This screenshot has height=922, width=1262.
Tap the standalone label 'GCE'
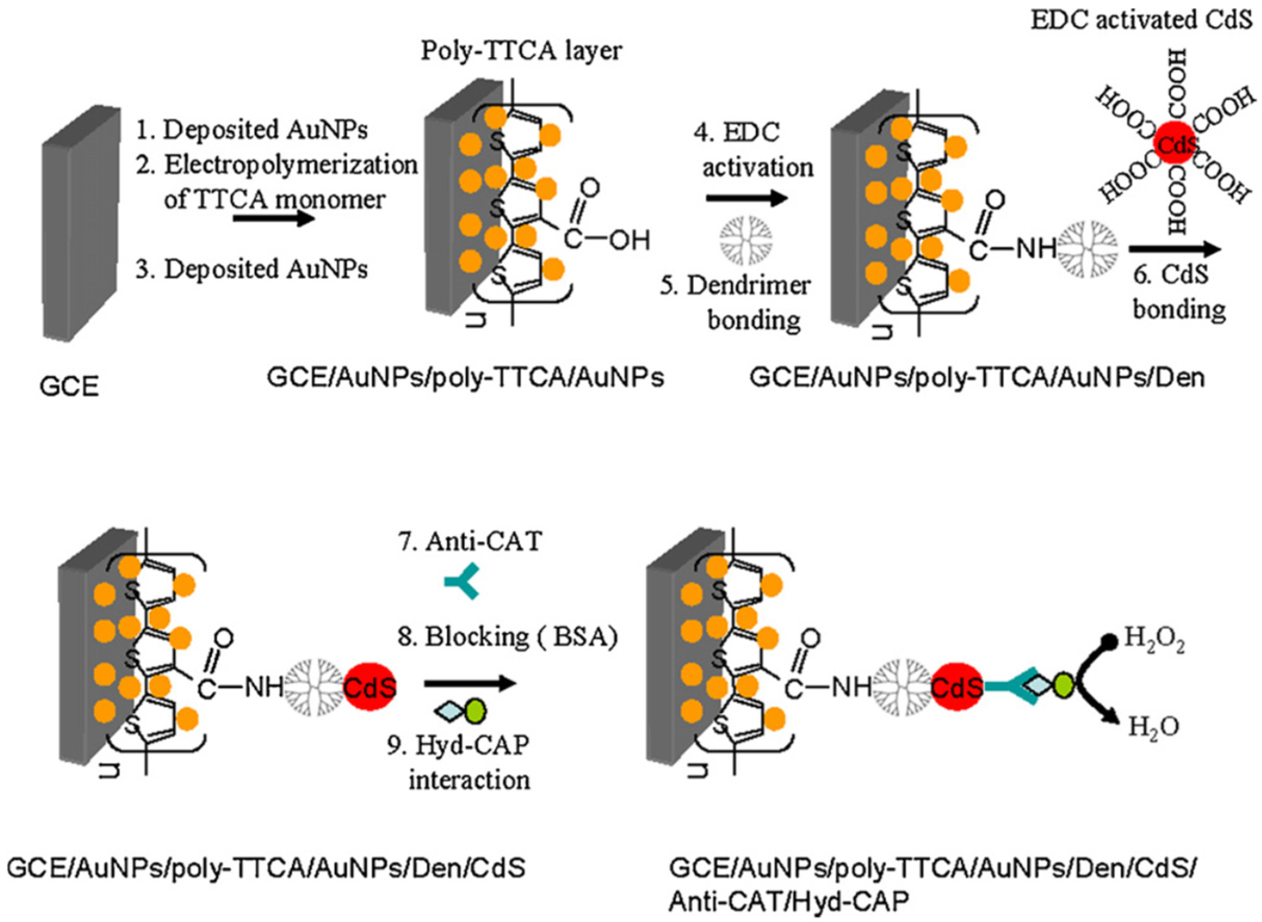tap(69, 387)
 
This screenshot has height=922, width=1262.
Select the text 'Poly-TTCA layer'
tap(521, 51)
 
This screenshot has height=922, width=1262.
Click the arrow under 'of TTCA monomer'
tap(274, 218)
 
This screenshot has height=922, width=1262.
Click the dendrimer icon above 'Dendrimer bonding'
tap(746, 238)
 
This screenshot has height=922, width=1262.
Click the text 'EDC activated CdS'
tap(1141, 20)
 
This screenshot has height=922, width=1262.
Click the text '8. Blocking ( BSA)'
tap(508, 637)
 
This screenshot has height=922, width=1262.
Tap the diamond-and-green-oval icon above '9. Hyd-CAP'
tap(460, 711)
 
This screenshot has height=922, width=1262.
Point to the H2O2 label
tap(1154, 638)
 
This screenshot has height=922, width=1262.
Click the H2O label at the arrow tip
tap(1154, 727)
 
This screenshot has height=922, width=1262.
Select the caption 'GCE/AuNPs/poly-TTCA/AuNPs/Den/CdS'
tap(266, 868)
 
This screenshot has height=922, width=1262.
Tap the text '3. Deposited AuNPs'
tap(252, 269)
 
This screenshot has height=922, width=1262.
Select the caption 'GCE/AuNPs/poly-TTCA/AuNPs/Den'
tap(977, 378)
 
